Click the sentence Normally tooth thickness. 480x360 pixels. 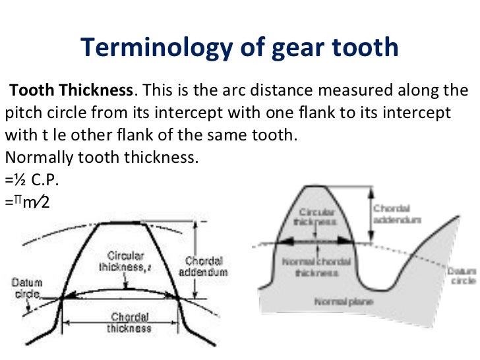pos(102,158)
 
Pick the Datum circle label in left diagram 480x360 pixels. pos(26,288)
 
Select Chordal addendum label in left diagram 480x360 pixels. pos(206,266)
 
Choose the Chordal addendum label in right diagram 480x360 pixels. pos(397,214)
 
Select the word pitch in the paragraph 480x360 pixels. pos(21,112)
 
